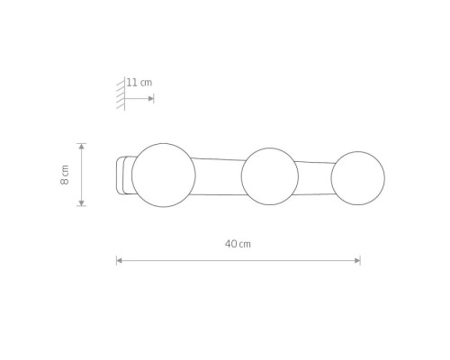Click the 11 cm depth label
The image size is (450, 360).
[x=139, y=83]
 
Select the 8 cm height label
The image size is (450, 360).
[x=65, y=175]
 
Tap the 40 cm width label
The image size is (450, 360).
[x=238, y=244]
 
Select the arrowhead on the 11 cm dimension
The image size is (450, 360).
[x=151, y=98]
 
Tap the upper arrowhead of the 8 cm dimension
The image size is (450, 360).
[x=82, y=147]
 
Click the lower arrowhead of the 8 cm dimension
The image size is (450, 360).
[x=82, y=202]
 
